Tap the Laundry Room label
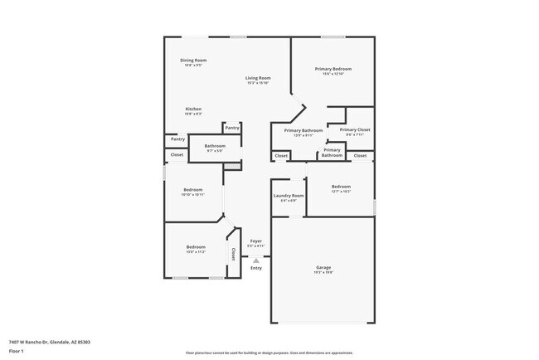click(289, 197)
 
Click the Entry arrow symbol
click(256, 260)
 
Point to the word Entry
click(256, 267)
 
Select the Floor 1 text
click(17, 351)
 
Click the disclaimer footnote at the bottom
click(269, 351)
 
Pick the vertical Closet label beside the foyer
click(234, 254)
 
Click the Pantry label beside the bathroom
click(232, 128)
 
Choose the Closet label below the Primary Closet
click(360, 155)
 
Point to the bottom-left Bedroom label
click(196, 248)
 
